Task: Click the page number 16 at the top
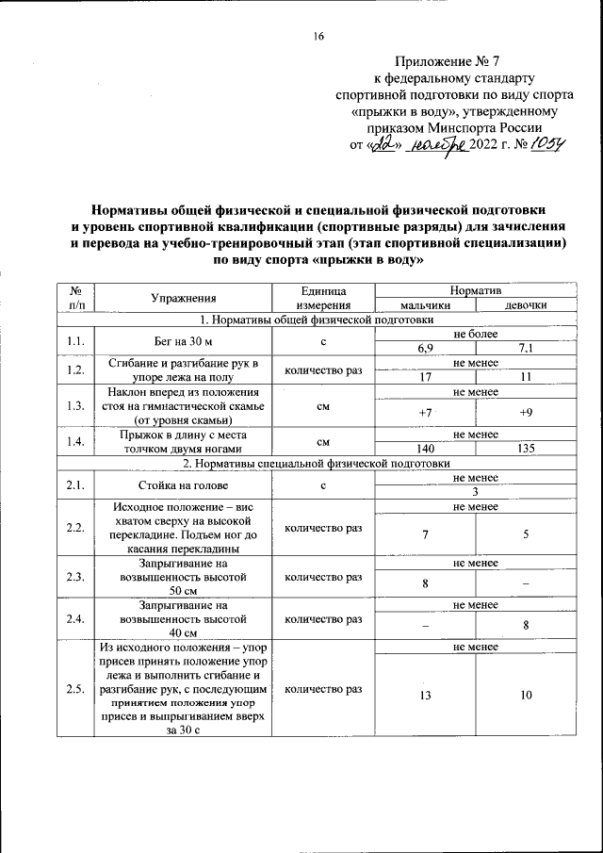[318, 37]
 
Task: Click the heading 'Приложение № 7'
[450, 59]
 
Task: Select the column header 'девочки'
[526, 304]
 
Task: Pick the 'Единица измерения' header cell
[323, 298]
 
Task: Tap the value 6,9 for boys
[425, 348]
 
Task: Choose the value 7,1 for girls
[526, 348]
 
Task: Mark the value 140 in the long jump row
[425, 448]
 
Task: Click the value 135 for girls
[526, 448]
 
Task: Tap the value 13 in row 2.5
[425, 696]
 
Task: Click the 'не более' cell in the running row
[476, 334]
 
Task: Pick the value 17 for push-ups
[425, 377]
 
